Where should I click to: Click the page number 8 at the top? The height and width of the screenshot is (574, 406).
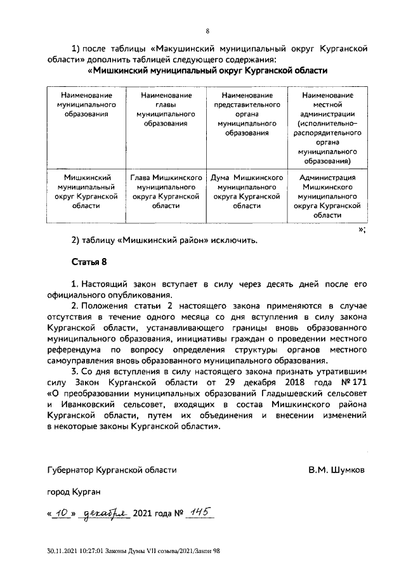tap(207, 30)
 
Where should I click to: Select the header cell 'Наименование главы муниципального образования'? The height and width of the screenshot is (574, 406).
tap(166, 109)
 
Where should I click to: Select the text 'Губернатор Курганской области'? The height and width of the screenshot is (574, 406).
tap(112, 471)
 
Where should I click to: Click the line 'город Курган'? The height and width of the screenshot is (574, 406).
tap(74, 492)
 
